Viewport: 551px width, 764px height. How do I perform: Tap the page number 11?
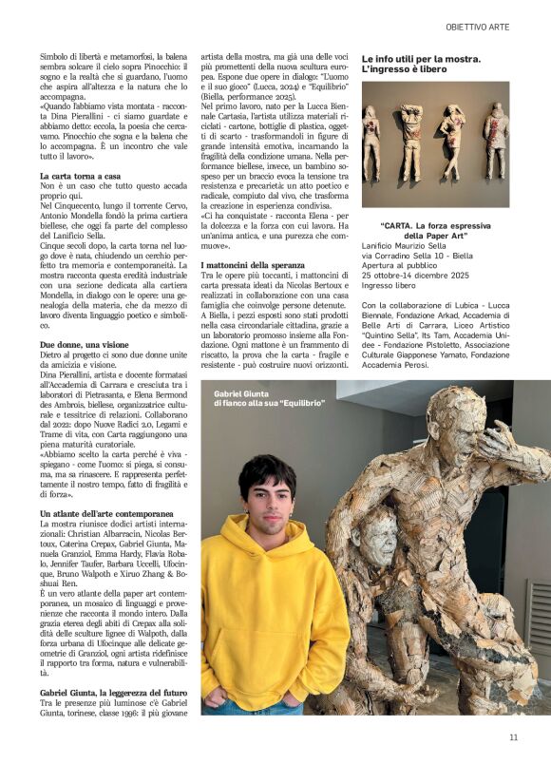coord(513,736)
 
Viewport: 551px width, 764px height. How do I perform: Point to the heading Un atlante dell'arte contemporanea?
coord(105,513)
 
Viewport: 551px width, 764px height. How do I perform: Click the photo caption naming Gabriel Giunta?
coord(250,398)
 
